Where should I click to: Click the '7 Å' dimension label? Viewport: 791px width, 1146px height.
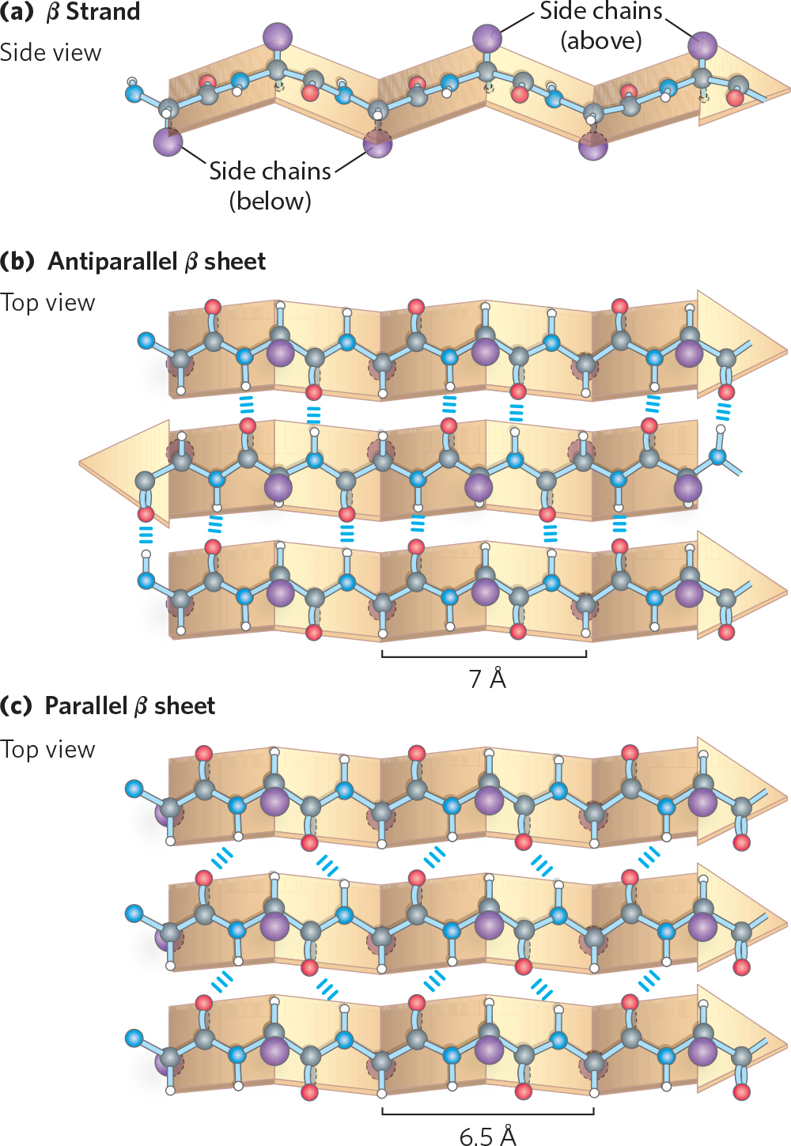[486, 679]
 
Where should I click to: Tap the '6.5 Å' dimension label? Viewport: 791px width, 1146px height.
[487, 1136]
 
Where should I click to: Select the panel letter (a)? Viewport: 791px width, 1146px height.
[17, 12]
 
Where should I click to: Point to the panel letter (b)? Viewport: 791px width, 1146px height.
[17, 261]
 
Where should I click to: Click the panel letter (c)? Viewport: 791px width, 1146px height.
[17, 705]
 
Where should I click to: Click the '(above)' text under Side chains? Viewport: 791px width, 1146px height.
[601, 40]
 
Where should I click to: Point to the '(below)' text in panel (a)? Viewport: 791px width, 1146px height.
[270, 201]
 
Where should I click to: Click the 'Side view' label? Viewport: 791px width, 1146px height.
[51, 53]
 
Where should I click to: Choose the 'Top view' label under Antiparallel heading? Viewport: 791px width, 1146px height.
[47, 303]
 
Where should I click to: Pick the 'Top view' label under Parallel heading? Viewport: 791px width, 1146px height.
[47, 749]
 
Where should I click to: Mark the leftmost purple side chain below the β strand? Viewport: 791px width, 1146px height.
[168, 142]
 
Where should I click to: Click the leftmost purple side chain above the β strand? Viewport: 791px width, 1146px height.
[277, 36]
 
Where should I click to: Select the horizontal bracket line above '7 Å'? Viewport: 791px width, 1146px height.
[484, 656]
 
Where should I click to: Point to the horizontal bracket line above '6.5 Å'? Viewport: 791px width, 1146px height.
[487, 1114]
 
